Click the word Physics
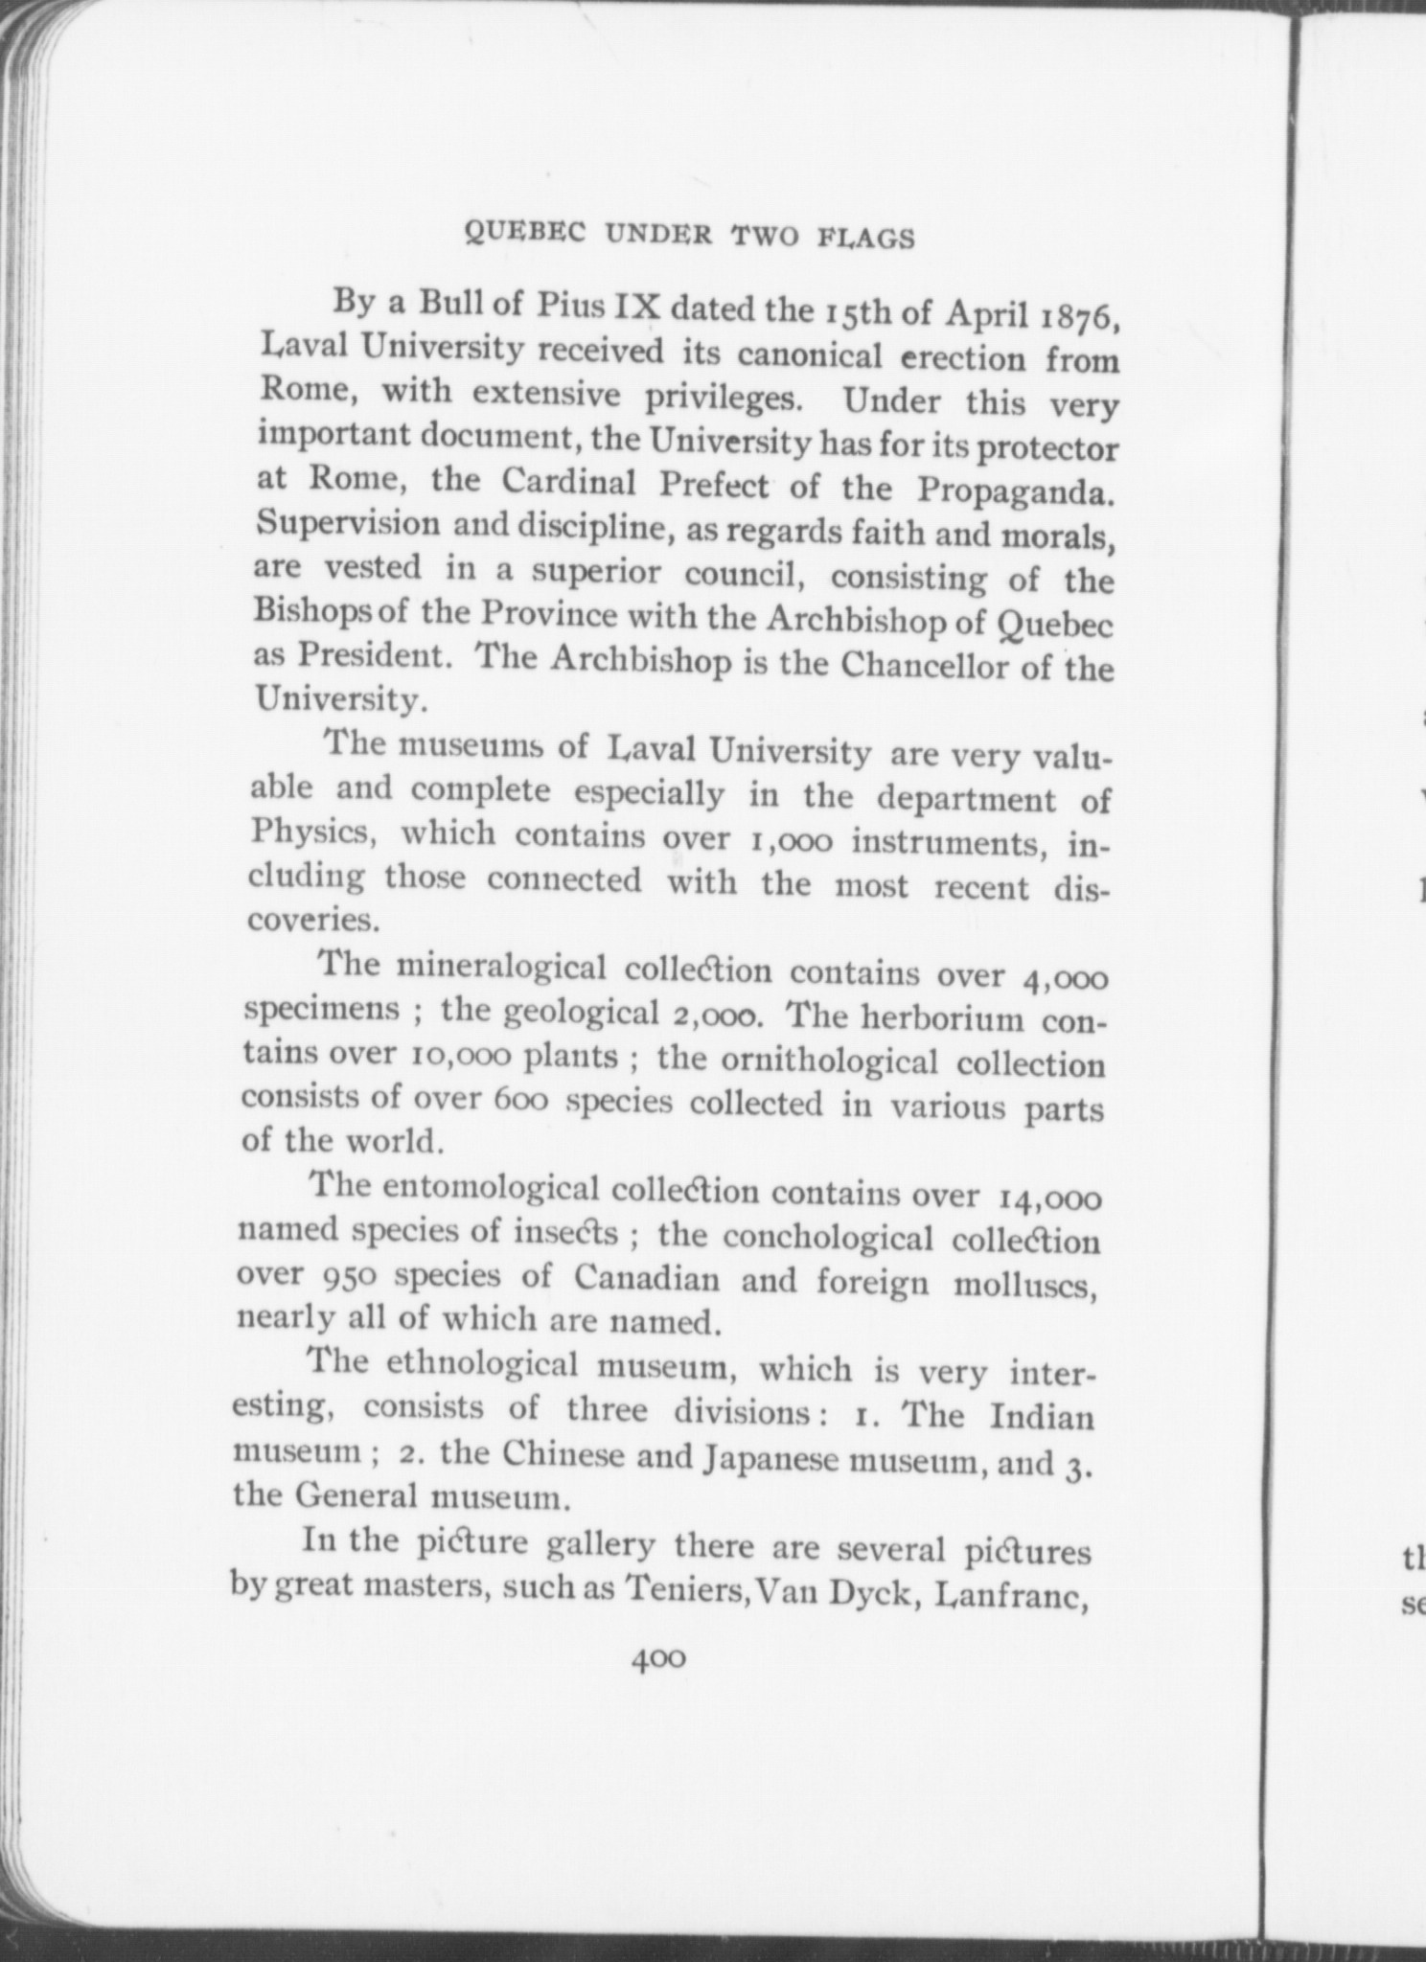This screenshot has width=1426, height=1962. [309, 833]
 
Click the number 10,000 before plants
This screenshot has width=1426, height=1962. [459, 1055]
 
